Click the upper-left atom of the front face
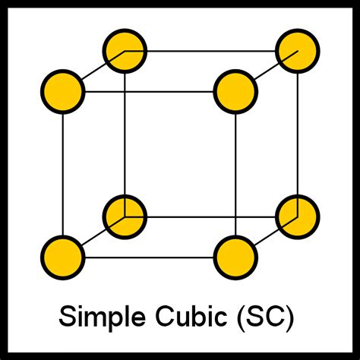(63, 91)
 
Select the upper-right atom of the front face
(235, 91)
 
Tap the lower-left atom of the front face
(63, 257)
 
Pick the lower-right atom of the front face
(235, 257)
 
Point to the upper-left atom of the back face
(125, 51)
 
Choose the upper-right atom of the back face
(298, 51)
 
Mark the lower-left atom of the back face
(125, 217)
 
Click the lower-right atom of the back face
(298, 217)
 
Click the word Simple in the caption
(102, 317)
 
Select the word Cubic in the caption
(191, 316)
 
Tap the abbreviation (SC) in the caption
(266, 317)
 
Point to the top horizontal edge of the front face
(149, 92)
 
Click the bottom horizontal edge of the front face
(149, 257)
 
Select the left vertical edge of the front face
(63, 175)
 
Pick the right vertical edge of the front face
(235, 175)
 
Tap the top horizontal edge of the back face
(211, 51)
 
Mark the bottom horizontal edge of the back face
(211, 217)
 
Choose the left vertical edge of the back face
(125, 134)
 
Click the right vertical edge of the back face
(298, 134)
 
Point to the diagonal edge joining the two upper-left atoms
(93, 71)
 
